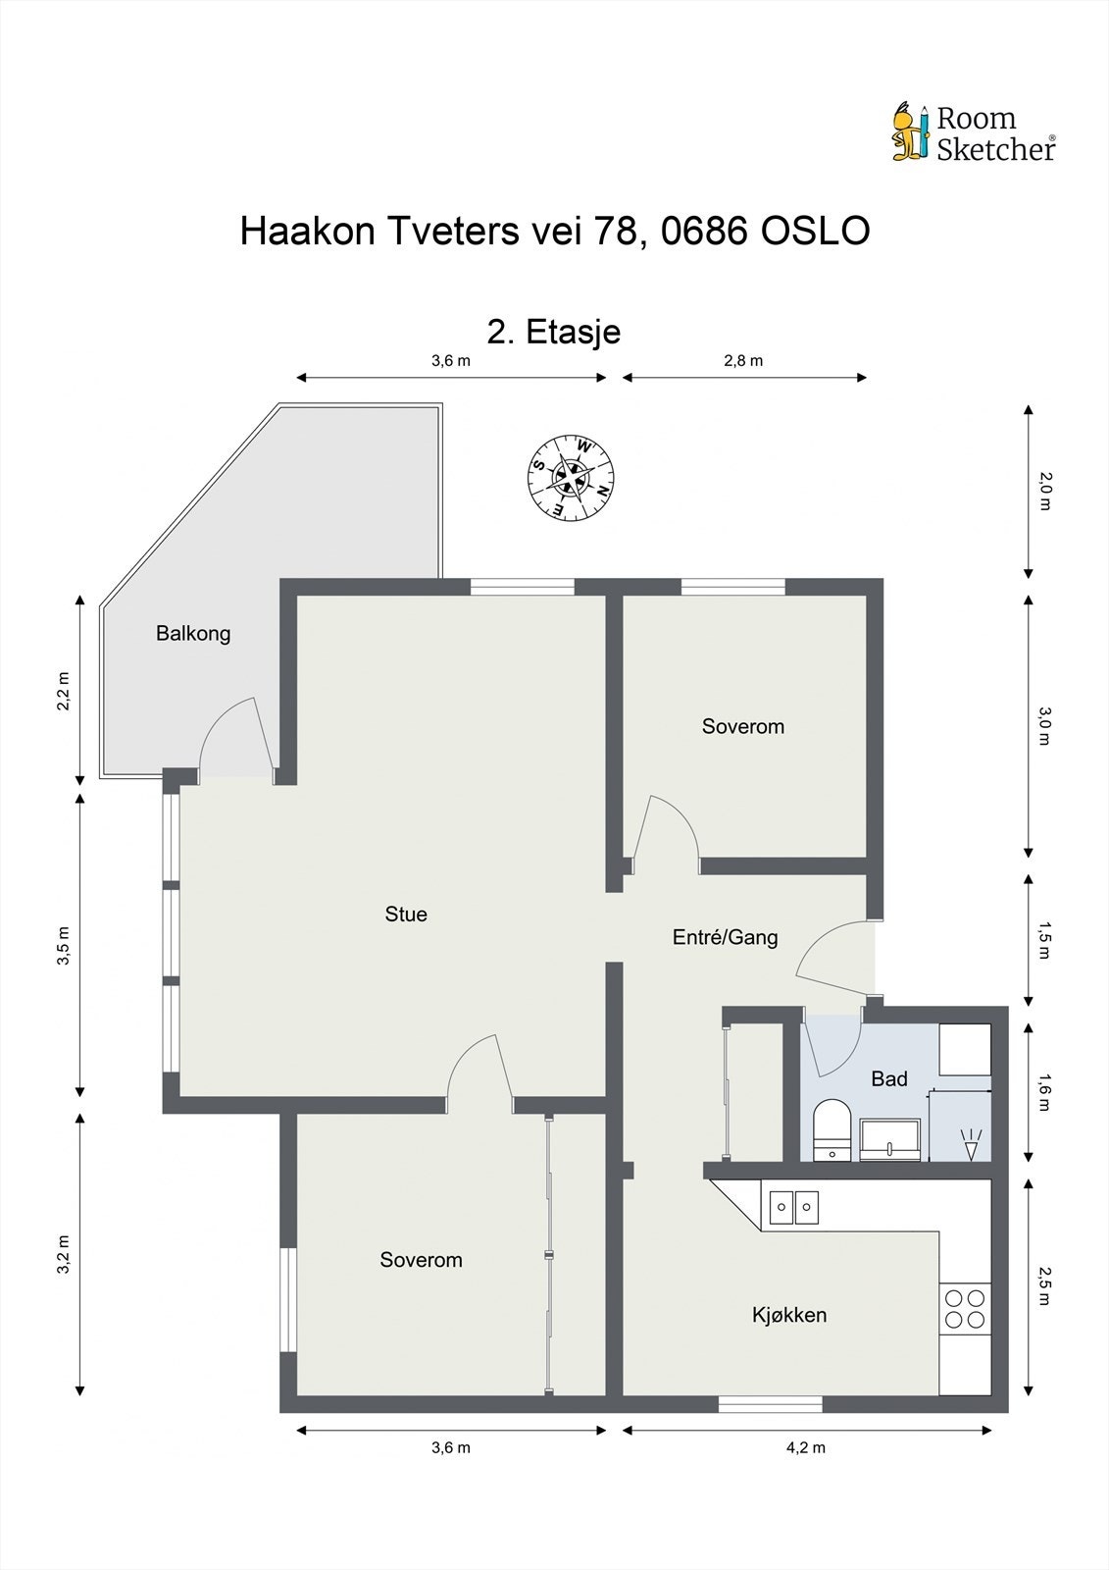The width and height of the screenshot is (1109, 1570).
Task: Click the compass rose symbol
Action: tap(572, 478)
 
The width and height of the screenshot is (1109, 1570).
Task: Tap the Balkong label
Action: tap(193, 634)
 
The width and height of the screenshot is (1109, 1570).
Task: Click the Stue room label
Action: tap(406, 915)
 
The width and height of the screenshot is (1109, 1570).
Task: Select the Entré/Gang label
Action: tap(725, 937)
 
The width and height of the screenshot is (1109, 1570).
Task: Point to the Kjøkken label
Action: tap(789, 1315)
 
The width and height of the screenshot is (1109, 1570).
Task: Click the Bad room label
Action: tap(889, 1079)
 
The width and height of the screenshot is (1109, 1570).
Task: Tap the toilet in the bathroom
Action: tap(832, 1130)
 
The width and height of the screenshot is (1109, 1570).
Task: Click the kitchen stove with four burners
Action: tap(964, 1308)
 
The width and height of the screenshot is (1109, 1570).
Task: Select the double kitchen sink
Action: tap(793, 1206)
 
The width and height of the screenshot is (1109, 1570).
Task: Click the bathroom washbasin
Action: tap(890, 1139)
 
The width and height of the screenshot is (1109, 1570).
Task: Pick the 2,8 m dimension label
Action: tap(743, 360)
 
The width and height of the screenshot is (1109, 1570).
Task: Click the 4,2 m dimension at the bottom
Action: tap(806, 1447)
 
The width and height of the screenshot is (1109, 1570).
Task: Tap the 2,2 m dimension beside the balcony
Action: tap(64, 691)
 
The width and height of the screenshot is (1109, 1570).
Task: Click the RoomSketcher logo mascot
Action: tap(910, 131)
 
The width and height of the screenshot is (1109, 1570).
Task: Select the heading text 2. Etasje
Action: tap(554, 332)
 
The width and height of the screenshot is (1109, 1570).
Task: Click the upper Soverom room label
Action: tap(742, 727)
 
